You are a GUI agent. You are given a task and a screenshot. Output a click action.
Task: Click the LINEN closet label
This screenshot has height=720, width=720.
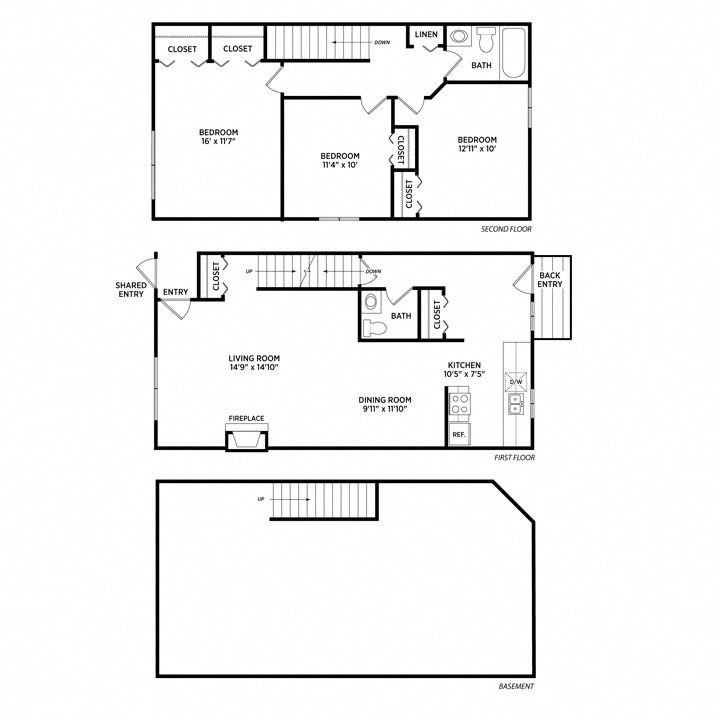point(426,34)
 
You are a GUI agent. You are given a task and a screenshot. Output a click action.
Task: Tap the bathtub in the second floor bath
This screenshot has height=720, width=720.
point(514,53)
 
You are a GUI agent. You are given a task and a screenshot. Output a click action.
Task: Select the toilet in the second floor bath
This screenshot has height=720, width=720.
point(486,39)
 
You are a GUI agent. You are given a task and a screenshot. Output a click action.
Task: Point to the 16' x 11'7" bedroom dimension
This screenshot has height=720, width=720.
point(219,141)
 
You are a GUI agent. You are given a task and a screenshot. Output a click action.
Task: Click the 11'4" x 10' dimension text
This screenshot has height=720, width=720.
point(340,165)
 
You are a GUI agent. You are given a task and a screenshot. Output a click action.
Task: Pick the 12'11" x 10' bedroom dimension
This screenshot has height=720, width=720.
point(477,148)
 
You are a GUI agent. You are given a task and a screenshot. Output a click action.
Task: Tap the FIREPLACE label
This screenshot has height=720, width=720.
point(247,418)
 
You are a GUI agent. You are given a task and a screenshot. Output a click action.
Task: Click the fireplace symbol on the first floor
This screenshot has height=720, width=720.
point(247,439)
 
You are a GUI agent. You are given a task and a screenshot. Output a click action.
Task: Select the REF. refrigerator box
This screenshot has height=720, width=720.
point(459,434)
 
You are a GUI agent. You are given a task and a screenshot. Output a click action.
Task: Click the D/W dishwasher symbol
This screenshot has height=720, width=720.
point(516,382)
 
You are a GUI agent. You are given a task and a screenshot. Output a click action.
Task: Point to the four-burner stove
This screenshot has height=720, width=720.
point(459,404)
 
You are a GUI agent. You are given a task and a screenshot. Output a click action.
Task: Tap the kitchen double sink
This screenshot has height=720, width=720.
point(516,405)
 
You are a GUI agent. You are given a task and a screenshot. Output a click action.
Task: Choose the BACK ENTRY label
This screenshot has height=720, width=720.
point(550,280)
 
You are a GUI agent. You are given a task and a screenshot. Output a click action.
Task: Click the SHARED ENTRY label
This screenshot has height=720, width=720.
point(131,290)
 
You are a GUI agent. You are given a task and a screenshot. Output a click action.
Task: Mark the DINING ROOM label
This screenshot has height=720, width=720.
point(385,400)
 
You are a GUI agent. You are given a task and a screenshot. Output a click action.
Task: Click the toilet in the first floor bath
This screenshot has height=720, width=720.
point(375,328)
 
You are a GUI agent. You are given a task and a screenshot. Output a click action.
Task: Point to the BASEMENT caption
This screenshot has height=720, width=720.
point(516,686)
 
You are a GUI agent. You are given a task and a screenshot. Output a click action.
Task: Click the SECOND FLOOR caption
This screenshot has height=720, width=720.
point(506,229)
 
